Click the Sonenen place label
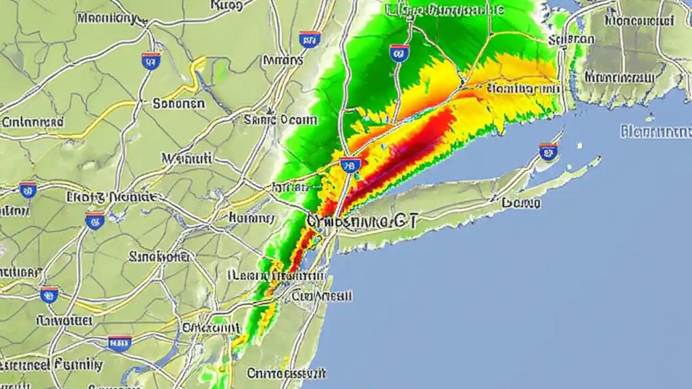[178, 103]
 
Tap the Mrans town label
[283, 60]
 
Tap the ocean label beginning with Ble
[656, 131]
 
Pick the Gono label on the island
[521, 203]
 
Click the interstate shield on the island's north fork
[548, 152]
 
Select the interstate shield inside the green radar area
[399, 52]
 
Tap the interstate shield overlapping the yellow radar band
[350, 165]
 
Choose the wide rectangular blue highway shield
[119, 343]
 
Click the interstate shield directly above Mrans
[310, 39]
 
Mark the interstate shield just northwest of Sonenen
[151, 61]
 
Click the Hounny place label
[251, 218]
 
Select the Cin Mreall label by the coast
[322, 296]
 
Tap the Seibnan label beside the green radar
[571, 39]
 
